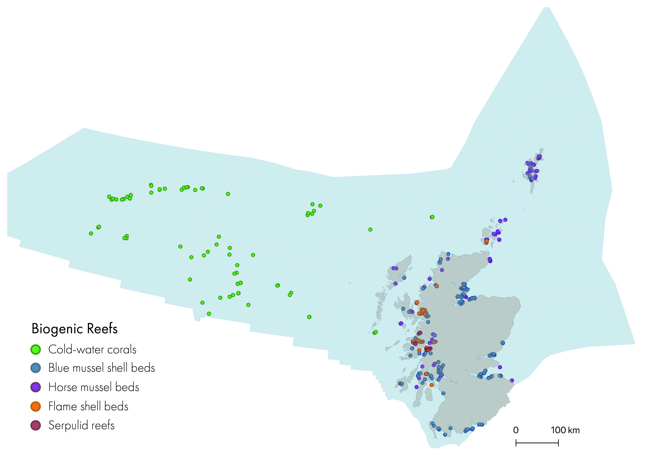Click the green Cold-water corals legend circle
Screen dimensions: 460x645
point(35,349)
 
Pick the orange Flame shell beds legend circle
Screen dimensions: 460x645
point(35,406)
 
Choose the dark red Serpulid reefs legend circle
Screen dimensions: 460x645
point(35,425)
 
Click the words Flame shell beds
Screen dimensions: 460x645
point(88,406)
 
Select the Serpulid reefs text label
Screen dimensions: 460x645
point(81,425)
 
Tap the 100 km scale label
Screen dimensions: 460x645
point(565,430)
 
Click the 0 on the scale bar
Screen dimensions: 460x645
point(516,430)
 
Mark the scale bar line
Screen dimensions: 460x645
point(537,443)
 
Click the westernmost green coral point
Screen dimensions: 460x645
point(91,233)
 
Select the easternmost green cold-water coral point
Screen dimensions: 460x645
point(432,217)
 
